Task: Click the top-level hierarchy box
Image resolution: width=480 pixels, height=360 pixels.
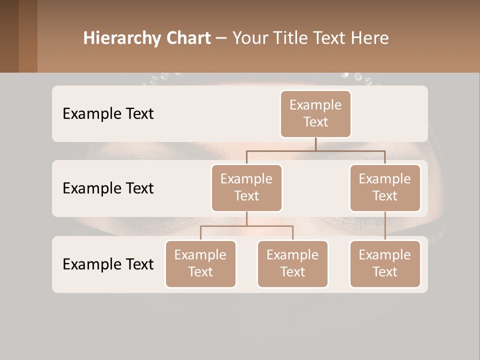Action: (315, 113)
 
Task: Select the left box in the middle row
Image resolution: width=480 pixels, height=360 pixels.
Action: (246, 187)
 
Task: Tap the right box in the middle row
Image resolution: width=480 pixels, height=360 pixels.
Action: (385, 187)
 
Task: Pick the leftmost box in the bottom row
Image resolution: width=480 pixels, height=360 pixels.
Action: (200, 263)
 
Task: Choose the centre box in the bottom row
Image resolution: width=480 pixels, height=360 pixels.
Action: (292, 263)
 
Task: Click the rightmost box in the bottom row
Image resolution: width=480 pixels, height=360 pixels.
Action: (385, 263)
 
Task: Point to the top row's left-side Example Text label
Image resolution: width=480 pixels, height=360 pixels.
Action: (108, 113)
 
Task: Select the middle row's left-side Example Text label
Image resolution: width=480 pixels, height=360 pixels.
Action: (108, 188)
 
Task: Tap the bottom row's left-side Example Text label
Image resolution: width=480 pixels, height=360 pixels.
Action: (108, 264)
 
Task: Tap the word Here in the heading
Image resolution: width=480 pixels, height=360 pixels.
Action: (370, 38)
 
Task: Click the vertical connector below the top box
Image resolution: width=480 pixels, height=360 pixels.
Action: (315, 144)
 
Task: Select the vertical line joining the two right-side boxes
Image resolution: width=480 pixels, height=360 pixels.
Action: (385, 226)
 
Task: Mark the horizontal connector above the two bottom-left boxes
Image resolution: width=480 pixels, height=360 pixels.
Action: (246, 226)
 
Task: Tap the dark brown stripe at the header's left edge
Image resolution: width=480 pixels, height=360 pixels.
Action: (9, 36)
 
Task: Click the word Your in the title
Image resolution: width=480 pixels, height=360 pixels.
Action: (249, 38)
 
